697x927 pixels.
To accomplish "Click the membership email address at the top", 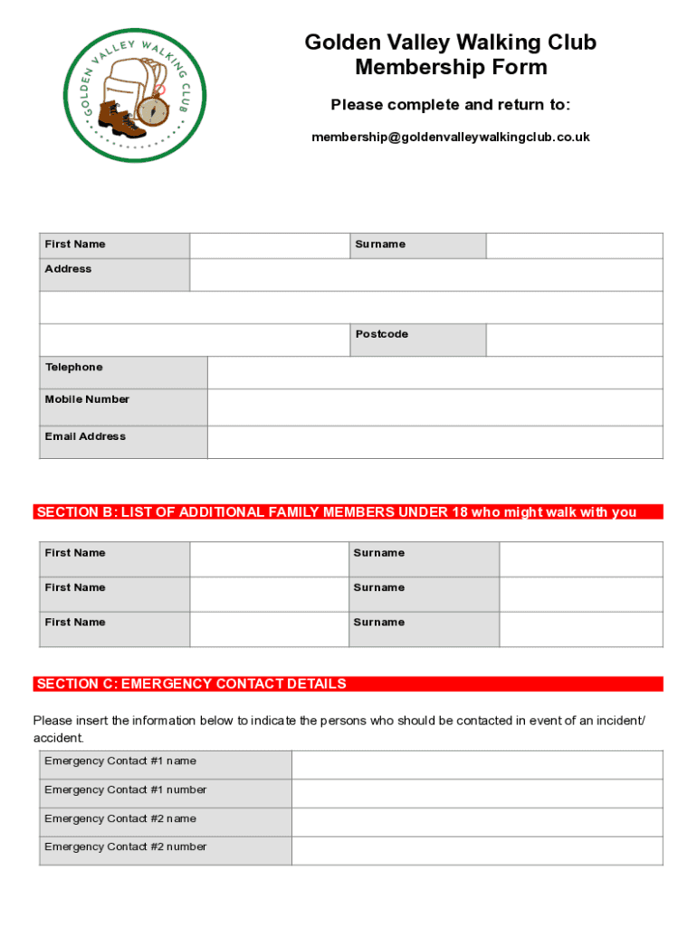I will point(450,138).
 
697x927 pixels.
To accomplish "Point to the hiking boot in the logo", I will point(114,117).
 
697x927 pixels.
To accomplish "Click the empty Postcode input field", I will point(574,339).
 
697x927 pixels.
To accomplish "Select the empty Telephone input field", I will point(434,372).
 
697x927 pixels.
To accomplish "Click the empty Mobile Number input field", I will point(434,407).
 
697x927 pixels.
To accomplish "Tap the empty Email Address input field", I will point(434,442).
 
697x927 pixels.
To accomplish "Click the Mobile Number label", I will point(87,399).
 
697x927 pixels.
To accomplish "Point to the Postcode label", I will point(381,334).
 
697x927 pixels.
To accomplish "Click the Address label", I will point(68,269).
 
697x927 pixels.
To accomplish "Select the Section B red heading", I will point(336,512).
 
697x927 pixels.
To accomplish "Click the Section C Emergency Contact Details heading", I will point(190,684).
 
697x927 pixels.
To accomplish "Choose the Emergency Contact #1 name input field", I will point(477,765).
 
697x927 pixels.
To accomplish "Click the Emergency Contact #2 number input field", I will point(477,851).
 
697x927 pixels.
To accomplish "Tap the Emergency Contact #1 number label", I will point(125,790).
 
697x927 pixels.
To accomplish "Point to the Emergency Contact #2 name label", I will point(119,818).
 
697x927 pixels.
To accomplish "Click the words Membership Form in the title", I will point(451,67).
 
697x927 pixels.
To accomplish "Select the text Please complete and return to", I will point(450,105).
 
